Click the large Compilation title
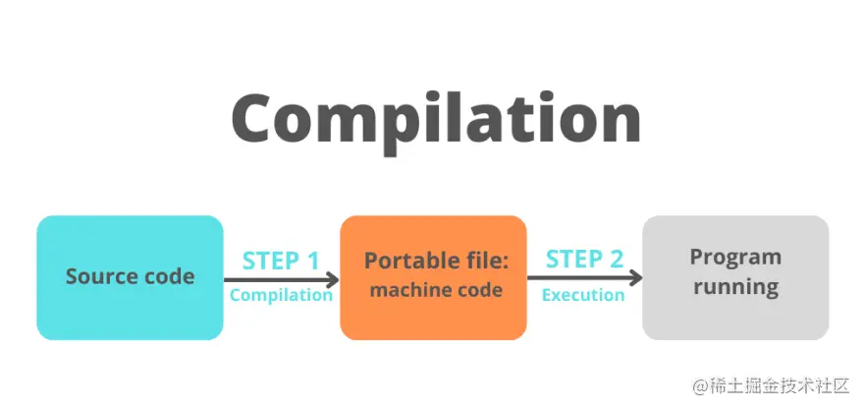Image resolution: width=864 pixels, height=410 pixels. click(436, 123)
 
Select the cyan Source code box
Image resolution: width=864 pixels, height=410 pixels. click(130, 277)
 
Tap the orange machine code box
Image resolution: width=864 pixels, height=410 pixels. click(434, 277)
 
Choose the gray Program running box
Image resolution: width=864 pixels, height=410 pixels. click(735, 277)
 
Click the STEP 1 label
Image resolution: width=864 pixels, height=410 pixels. click(281, 261)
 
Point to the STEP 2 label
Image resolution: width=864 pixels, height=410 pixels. click(584, 260)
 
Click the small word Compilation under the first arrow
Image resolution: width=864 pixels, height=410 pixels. click(281, 295)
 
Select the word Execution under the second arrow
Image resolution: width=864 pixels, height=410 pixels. click(583, 295)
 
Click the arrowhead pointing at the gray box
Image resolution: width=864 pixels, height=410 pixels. click(636, 277)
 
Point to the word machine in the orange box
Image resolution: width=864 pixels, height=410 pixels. click(405, 290)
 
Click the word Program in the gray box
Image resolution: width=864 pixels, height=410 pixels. click(735, 259)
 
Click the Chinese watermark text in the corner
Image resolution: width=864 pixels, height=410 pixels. click(772, 385)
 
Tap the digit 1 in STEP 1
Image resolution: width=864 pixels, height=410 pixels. click(312, 261)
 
